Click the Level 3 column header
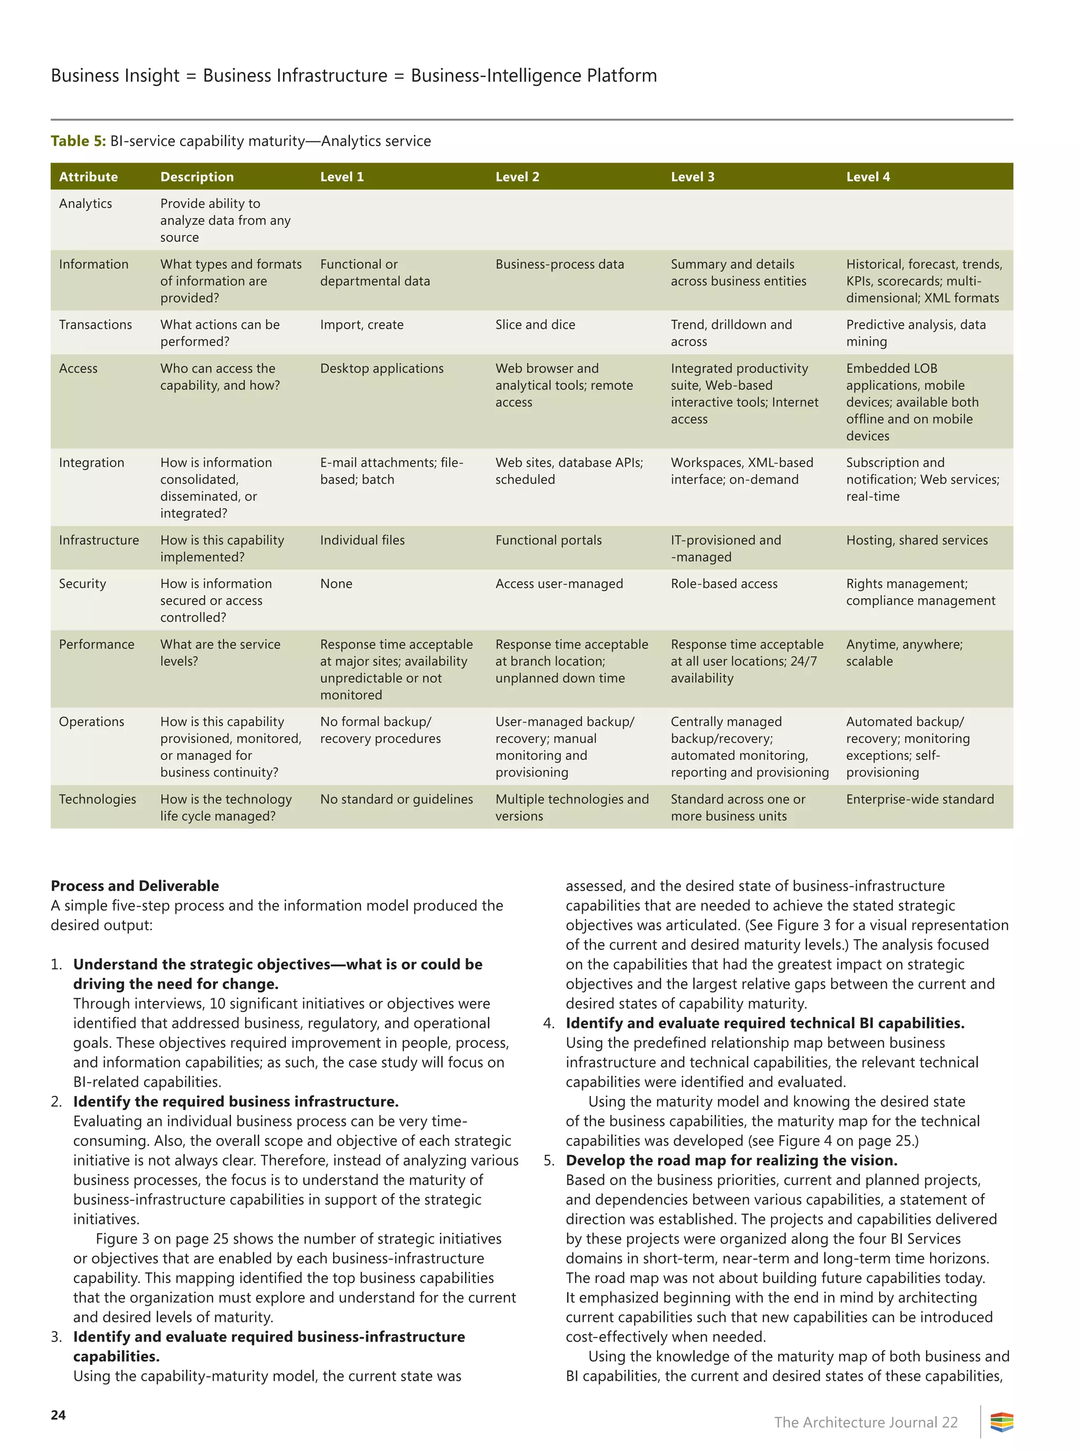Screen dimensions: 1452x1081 click(693, 177)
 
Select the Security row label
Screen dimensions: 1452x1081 click(82, 584)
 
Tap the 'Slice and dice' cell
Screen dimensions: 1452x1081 click(535, 324)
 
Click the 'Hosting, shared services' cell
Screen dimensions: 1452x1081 click(916, 540)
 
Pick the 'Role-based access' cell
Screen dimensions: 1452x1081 click(724, 584)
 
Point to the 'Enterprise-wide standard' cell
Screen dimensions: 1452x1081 click(919, 799)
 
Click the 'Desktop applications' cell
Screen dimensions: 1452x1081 click(382, 368)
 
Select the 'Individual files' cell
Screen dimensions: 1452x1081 click(362, 540)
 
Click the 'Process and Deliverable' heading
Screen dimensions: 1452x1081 click(135, 885)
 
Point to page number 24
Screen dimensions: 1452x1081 click(58, 1415)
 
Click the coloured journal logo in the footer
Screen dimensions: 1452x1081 click(1001, 1422)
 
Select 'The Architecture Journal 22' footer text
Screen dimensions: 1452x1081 click(865, 1422)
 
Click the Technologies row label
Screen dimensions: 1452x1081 click(98, 799)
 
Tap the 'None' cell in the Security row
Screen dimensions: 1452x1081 click(336, 584)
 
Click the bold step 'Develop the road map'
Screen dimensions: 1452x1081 click(731, 1160)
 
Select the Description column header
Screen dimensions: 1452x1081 click(196, 177)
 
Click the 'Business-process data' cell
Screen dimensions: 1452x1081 click(560, 264)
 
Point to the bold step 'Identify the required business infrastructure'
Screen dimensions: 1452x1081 click(235, 1102)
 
